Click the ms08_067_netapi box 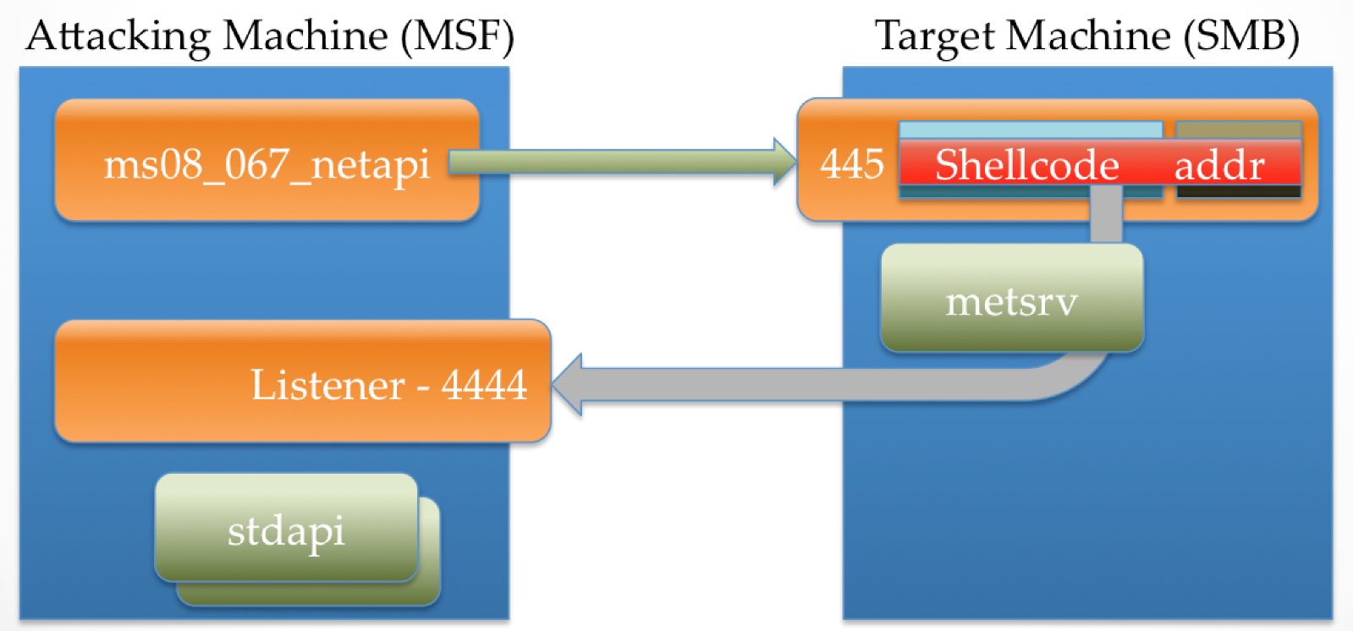(x=267, y=161)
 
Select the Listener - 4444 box (x=302, y=381)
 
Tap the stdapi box (x=286, y=529)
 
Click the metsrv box (x=1011, y=299)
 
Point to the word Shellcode (x=1026, y=164)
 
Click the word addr (x=1218, y=165)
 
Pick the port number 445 (x=851, y=162)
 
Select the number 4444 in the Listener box (x=484, y=385)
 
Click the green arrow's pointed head (x=784, y=162)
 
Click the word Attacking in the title (x=118, y=36)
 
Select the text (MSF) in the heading (x=457, y=36)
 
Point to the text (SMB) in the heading (x=1241, y=36)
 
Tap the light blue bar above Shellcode (x=1030, y=129)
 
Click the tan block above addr (x=1238, y=129)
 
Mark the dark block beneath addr (x=1238, y=192)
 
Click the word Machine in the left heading (x=305, y=36)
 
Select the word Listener (x=327, y=385)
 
